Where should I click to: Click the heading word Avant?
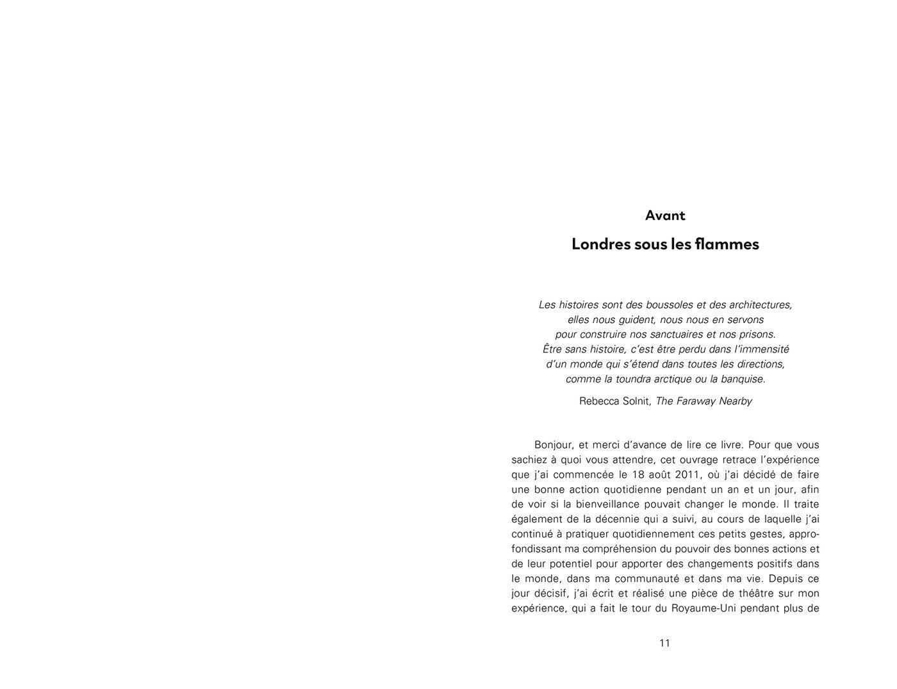pos(665,215)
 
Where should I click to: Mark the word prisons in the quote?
pos(755,334)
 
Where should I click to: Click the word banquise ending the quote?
pos(743,379)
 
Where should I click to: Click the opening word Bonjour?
pos(554,445)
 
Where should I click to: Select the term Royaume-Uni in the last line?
pos(703,608)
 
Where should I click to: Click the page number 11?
pos(665,643)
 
